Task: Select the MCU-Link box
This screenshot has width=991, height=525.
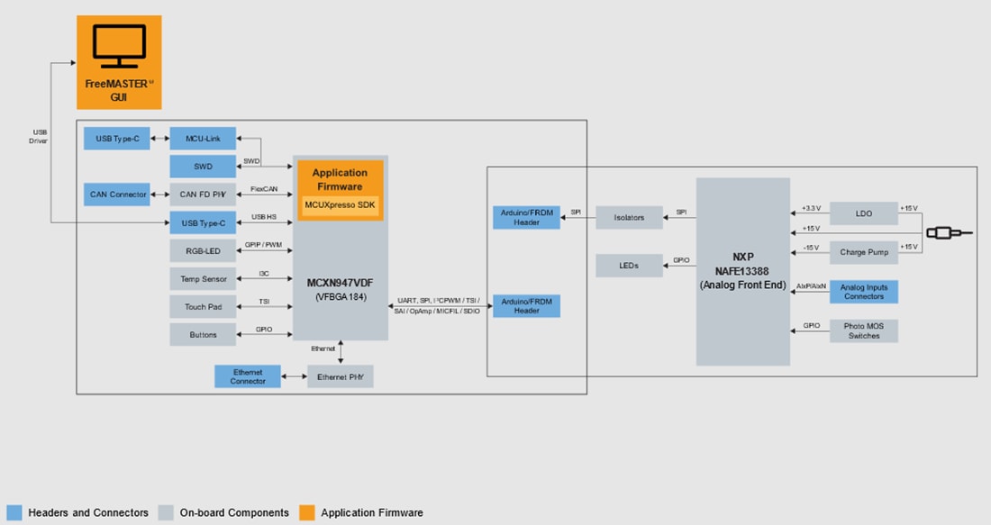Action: tap(203, 139)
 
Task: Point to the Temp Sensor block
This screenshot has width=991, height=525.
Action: tap(203, 279)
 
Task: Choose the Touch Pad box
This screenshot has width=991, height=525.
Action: tap(203, 307)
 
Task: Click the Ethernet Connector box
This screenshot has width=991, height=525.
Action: tap(248, 376)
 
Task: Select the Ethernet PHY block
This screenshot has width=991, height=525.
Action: tap(340, 376)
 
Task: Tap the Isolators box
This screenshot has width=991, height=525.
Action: tap(629, 217)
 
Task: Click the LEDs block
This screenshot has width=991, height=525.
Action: tap(629, 266)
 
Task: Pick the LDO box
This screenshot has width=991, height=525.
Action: tap(863, 213)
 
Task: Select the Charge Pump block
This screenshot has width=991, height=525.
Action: tap(863, 252)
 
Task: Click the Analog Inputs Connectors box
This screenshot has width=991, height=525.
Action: tap(863, 292)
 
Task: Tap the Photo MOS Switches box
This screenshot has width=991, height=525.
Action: tap(863, 330)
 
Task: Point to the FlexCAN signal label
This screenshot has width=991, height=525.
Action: tap(264, 190)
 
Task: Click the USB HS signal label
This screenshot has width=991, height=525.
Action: tap(264, 217)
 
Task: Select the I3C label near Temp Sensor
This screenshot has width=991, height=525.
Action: tap(264, 274)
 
